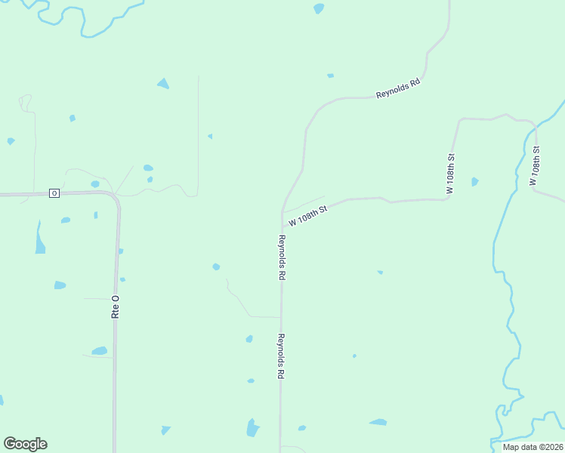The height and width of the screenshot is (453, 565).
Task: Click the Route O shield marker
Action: tap(54, 193)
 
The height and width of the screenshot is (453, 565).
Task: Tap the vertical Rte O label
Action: tap(116, 306)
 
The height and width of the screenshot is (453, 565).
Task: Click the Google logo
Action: tap(25, 444)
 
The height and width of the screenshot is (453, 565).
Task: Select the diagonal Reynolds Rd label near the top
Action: tap(397, 89)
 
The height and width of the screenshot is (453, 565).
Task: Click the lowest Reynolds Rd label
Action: tap(280, 356)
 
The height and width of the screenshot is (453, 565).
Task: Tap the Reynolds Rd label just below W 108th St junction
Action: tap(281, 258)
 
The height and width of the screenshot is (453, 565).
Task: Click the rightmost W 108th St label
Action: tap(534, 168)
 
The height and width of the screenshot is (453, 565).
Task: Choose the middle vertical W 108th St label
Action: tap(450, 175)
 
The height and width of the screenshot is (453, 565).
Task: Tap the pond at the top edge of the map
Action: tap(319, 8)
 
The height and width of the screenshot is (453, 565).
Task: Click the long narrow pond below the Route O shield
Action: tap(39, 239)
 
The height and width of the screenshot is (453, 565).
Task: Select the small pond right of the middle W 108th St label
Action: tap(474, 182)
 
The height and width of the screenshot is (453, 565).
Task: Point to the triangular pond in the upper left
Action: tap(163, 83)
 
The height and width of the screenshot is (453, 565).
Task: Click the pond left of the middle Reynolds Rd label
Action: tap(217, 267)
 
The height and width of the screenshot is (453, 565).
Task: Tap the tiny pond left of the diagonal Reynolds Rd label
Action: tap(330, 75)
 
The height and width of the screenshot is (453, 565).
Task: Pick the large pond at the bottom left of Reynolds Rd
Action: tap(252, 427)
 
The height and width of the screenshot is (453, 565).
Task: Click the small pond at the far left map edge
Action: tap(11, 141)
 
